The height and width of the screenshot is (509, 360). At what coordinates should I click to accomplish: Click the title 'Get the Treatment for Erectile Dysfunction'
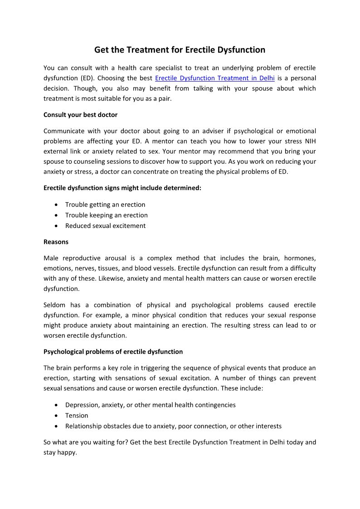[x=180, y=50]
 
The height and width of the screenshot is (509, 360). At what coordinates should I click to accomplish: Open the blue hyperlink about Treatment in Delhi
[x=214, y=78]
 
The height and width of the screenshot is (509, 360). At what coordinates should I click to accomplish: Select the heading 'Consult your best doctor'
[x=80, y=115]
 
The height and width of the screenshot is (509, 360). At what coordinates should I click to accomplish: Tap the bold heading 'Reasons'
[x=56, y=242]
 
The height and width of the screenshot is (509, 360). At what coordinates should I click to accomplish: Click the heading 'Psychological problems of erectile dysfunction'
[x=113, y=351]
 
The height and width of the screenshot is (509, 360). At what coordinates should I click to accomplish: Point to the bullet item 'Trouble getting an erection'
[x=105, y=204]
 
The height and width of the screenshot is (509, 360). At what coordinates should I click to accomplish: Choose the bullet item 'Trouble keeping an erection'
[x=106, y=215]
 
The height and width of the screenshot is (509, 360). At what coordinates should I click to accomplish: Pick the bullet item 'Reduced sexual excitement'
[x=105, y=226]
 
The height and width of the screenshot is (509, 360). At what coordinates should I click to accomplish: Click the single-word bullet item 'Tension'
[x=77, y=415]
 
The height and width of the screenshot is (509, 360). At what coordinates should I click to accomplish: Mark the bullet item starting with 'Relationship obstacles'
[x=173, y=426]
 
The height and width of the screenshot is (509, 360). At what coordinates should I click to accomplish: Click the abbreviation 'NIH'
[x=310, y=141]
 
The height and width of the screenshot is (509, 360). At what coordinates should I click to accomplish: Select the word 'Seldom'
[x=55, y=305]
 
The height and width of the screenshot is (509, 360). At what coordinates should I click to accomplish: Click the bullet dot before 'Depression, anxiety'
[x=56, y=405]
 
